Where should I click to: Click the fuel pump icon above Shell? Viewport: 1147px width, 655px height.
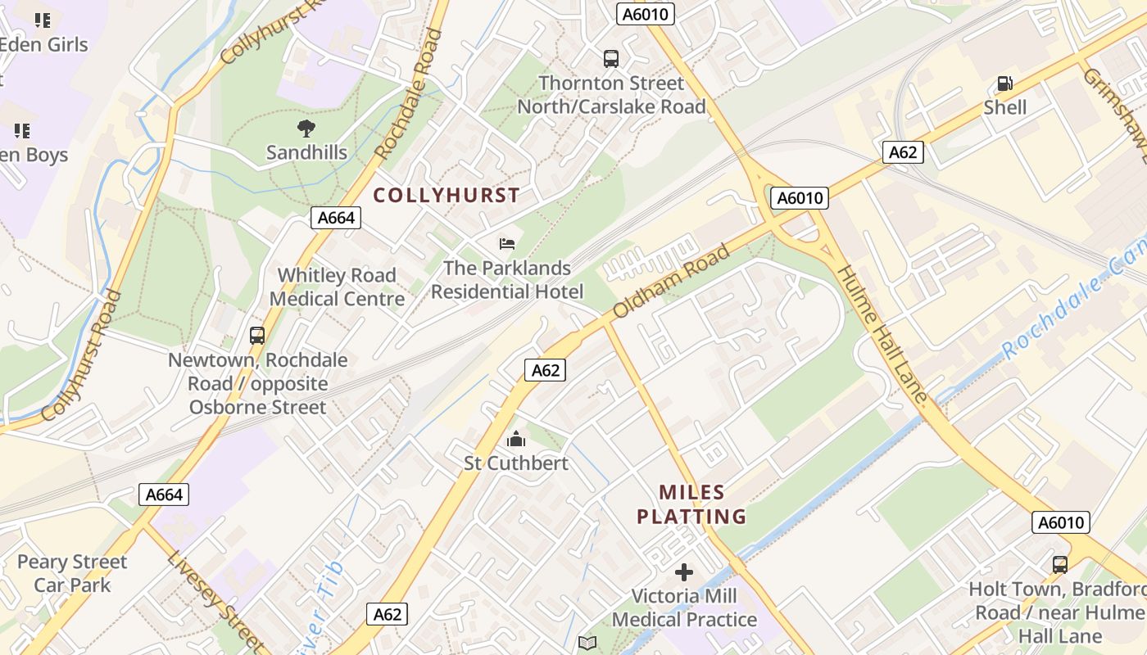[x=1004, y=84]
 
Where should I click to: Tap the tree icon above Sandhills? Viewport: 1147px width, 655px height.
[x=306, y=129]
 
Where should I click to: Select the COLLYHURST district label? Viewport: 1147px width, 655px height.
[x=447, y=195]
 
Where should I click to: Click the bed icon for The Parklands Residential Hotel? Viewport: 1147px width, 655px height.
[x=507, y=243]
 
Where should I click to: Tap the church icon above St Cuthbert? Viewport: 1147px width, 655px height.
[x=515, y=440]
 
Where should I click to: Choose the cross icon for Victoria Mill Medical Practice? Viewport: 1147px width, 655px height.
[x=684, y=572]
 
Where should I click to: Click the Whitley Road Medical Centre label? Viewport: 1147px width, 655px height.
[x=337, y=287]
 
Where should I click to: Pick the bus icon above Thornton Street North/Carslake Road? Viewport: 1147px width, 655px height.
[x=611, y=59]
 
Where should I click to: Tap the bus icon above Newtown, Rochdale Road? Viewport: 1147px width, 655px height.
[x=257, y=336]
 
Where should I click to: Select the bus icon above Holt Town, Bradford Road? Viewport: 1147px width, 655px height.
[x=1059, y=564]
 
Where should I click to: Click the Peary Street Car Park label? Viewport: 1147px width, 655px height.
[x=72, y=573]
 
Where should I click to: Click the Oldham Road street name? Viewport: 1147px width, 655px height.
[x=670, y=282]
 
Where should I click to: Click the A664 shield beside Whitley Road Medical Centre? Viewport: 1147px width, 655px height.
[x=336, y=217]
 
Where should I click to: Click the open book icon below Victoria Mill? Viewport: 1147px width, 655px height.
[x=587, y=643]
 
